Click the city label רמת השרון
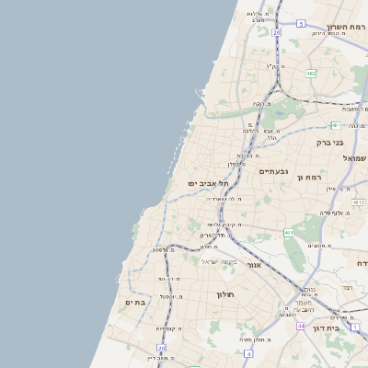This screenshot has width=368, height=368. click(346, 27)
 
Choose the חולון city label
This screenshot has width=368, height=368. click(226, 294)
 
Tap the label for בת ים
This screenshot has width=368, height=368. click(136, 302)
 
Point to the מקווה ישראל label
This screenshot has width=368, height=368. click(219, 261)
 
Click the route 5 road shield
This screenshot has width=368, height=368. click(301, 23)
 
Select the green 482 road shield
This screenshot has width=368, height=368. click(311, 73)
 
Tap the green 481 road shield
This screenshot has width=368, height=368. click(336, 125)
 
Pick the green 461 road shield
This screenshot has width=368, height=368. click(288, 233)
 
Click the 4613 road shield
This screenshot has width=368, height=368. click(359, 201)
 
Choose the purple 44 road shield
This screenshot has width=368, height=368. click(301, 326)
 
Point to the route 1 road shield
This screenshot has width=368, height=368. click(355, 327)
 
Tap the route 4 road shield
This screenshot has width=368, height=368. click(249, 354)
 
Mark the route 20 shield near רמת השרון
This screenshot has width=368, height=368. click(276, 32)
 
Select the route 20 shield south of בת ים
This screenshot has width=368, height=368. click(162, 348)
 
